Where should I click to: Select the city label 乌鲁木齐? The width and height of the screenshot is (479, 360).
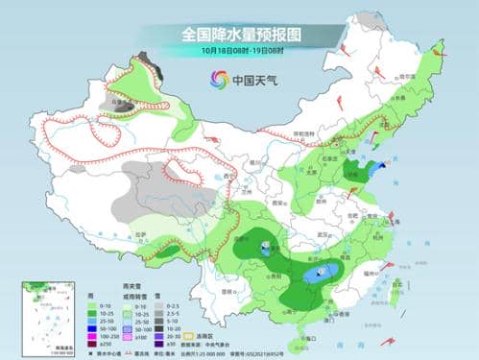pyautogui.click(x=118, y=99)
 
